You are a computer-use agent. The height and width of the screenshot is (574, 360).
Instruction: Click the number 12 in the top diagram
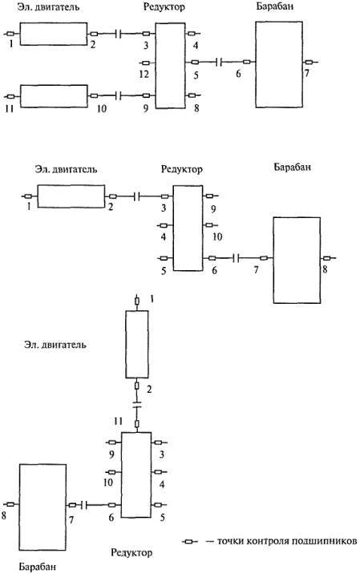pos(144,75)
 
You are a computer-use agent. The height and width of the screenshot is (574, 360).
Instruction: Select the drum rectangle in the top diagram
pos(279,64)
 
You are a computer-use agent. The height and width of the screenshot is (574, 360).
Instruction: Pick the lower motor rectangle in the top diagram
pos(54,96)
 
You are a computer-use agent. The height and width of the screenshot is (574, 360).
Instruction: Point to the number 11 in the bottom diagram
pos(118,421)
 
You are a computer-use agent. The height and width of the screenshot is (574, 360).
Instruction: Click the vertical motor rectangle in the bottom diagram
pos(137,344)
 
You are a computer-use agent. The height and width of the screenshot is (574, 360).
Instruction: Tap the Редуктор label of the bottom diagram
pos(131,552)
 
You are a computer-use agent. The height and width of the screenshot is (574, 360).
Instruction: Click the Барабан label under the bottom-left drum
pos(38,567)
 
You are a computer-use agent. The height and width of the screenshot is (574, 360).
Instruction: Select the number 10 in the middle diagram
pos(216,236)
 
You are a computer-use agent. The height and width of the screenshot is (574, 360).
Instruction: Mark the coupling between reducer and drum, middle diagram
pos(237,258)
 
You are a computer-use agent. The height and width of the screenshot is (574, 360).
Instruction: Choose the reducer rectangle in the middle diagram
pos(188,228)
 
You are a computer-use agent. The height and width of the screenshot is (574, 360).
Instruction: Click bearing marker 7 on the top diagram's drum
pos(309,63)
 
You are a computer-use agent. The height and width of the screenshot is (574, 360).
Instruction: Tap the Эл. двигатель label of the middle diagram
pos(67,169)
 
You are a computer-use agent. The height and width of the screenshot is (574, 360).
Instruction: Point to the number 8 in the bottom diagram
pos(4,515)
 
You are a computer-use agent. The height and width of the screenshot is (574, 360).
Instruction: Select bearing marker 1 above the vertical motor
pos(137,301)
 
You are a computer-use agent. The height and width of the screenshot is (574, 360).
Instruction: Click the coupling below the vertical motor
pos(137,405)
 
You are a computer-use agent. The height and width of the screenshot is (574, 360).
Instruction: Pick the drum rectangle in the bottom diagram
pos(42,507)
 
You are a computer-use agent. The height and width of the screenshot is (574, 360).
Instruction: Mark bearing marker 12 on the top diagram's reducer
pos(146,63)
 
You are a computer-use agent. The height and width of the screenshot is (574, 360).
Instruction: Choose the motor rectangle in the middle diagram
pos(71,196)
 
